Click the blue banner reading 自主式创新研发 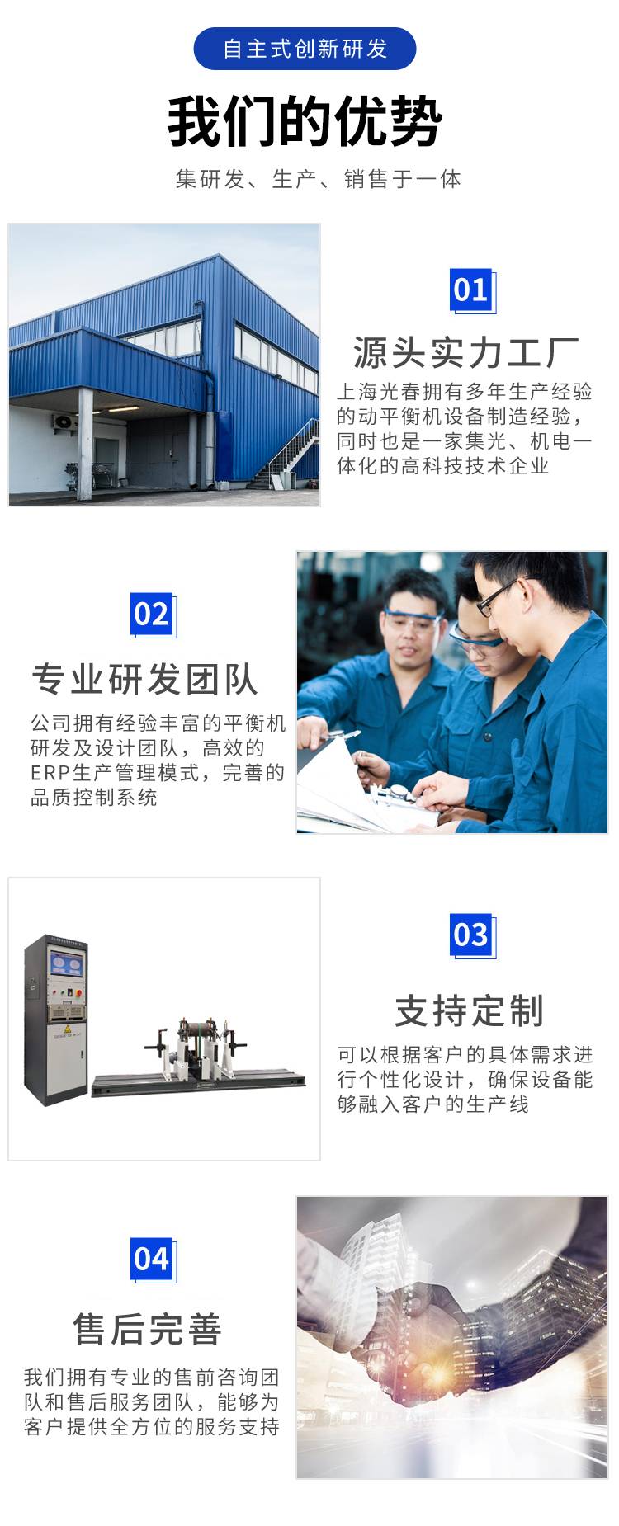[305, 49]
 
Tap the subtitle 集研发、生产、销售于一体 [318, 179]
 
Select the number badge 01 [472, 290]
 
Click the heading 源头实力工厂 [466, 353]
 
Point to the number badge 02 [154, 615]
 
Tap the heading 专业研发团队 [145, 680]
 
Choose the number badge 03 [472, 935]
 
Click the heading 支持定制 [469, 1010]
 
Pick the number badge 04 [154, 1260]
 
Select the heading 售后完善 [148, 1329]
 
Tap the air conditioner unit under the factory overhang [64, 422]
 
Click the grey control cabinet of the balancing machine [56, 1020]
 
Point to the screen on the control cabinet [67, 964]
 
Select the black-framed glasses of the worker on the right [499, 596]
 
